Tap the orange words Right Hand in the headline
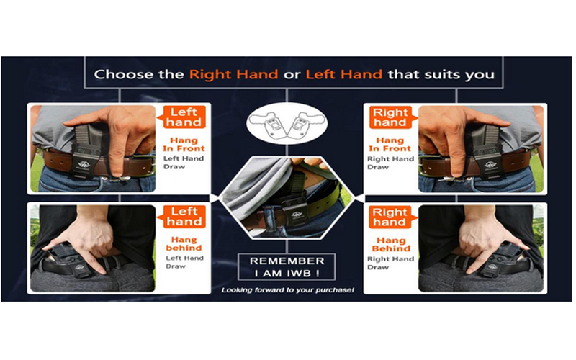[233, 75]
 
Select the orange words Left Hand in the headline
[344, 75]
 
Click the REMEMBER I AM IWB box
[287, 266]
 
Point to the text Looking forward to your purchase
[287, 290]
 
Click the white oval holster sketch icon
[287, 124]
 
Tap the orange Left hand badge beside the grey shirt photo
[182, 117]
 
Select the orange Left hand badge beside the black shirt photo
[182, 217]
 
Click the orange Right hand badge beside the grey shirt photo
[392, 117]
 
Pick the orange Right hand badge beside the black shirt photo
[392, 217]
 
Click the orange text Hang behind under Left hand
[184, 244]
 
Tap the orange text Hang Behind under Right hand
[391, 245]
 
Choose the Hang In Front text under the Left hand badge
[184, 145]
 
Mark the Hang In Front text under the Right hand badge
[390, 145]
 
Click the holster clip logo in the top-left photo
[84, 165]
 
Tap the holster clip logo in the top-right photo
[490, 165]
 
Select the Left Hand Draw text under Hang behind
[184, 262]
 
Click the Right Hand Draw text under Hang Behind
[390, 263]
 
